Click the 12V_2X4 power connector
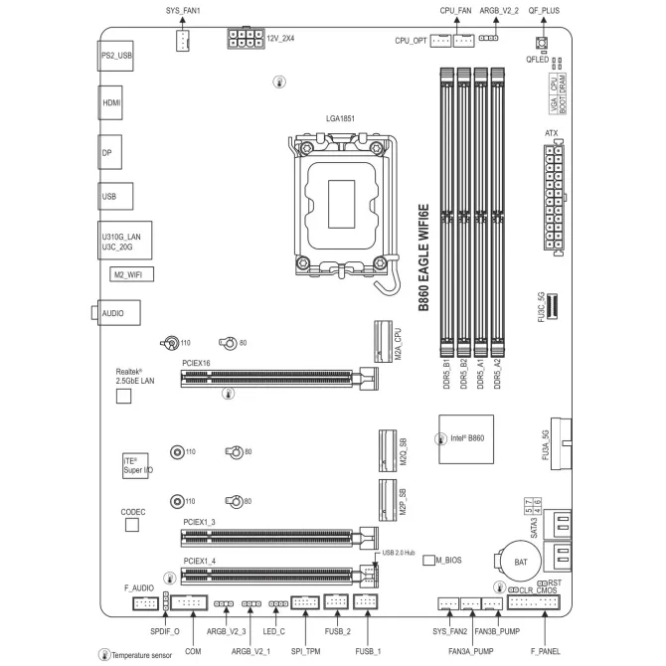[x=246, y=38]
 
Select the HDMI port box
[x=110, y=102]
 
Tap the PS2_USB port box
[x=115, y=56]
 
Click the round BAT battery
[x=521, y=562]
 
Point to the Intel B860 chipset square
[x=466, y=439]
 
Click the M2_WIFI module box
[x=131, y=274]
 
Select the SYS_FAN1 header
[x=183, y=41]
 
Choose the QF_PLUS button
[x=542, y=43]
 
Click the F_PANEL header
[x=534, y=602]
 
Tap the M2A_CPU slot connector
[x=383, y=342]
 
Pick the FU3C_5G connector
[x=552, y=306]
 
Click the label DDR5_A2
[x=497, y=374]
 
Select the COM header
[x=189, y=602]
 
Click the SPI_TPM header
[x=305, y=602]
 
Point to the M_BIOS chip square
[x=429, y=561]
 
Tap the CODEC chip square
[x=132, y=525]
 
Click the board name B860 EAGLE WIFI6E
[x=423, y=257]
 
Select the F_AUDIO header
[x=145, y=603]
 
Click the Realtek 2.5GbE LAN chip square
[x=123, y=397]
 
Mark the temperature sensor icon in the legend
[x=104, y=654]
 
